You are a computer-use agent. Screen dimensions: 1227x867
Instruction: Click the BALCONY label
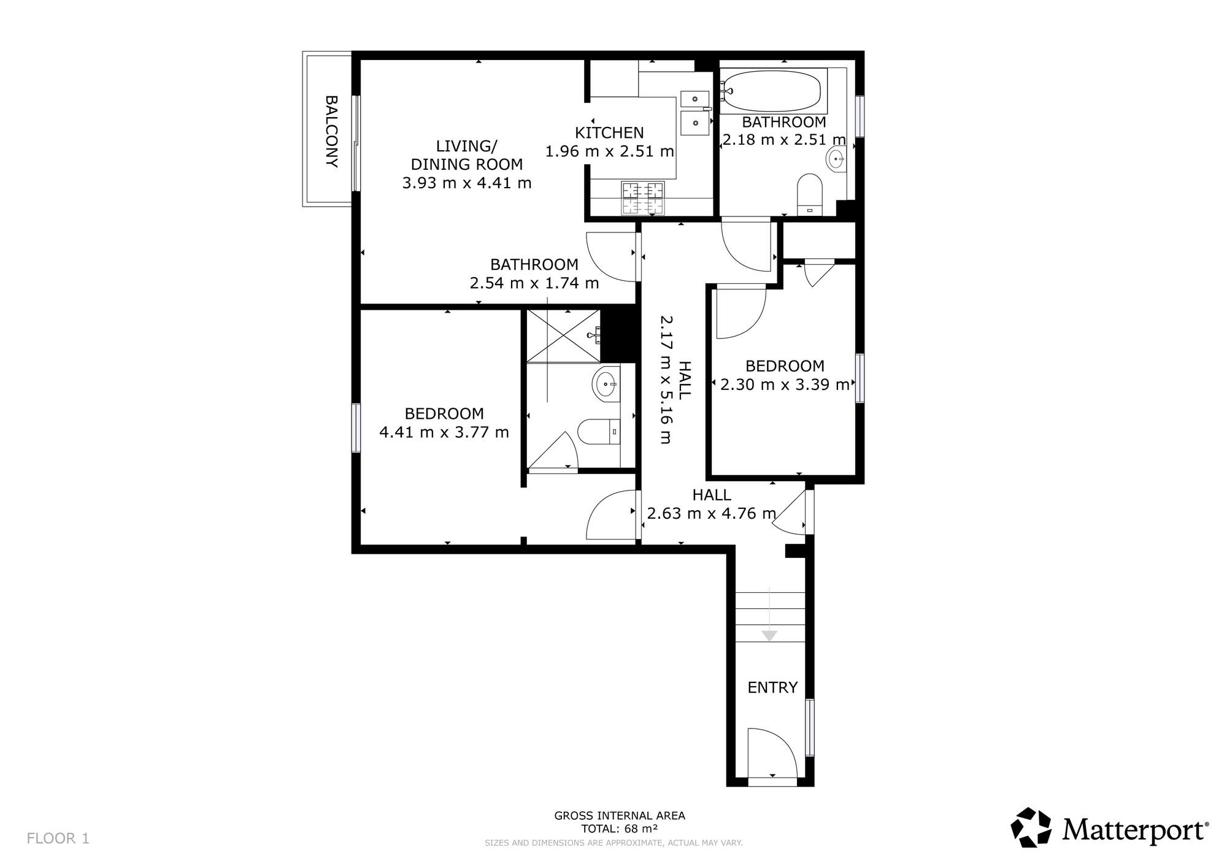pos(331,131)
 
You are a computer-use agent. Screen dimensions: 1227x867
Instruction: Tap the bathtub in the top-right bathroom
pos(773,91)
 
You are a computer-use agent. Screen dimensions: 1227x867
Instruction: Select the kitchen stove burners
pos(643,199)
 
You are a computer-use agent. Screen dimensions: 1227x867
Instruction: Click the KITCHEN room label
pos(609,132)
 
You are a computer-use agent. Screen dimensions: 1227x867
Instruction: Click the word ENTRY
pos(772,687)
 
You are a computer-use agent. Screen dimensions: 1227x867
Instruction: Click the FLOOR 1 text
pos(58,838)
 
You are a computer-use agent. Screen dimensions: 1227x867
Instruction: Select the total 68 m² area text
pos(620,829)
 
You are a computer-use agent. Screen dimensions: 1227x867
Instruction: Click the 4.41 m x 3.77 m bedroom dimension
pos(444,432)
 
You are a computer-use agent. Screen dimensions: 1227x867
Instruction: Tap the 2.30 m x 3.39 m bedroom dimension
pos(785,384)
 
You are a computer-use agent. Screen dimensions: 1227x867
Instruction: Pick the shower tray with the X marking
pos(563,336)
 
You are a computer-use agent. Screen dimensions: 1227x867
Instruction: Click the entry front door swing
pos(772,753)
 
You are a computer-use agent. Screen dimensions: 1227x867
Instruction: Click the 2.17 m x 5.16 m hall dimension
pos(675,380)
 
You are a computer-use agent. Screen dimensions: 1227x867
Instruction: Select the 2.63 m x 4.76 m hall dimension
pos(712,504)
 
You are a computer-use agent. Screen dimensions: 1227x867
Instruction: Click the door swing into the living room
pos(611,257)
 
